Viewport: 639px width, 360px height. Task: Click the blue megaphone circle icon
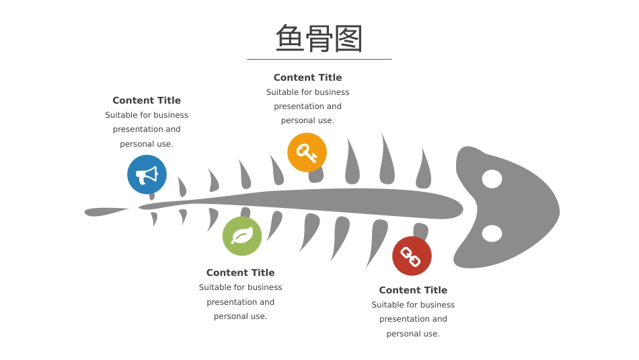(x=147, y=174)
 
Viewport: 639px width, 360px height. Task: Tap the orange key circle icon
(x=307, y=153)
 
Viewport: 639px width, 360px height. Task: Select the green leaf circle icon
(x=242, y=236)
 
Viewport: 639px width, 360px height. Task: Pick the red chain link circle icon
(x=412, y=256)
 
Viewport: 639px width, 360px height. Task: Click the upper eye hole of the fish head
(x=492, y=179)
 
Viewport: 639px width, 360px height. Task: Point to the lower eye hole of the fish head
(x=492, y=233)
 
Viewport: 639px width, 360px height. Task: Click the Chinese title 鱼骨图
(x=319, y=38)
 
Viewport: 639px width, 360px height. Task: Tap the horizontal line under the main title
(x=319, y=59)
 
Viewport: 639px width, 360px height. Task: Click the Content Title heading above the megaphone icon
(x=147, y=100)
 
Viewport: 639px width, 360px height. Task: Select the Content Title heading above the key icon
(x=307, y=77)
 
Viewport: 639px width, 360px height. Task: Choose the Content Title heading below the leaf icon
(x=240, y=273)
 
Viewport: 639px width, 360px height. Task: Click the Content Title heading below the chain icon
(x=413, y=290)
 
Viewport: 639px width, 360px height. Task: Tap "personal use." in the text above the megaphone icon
(x=147, y=144)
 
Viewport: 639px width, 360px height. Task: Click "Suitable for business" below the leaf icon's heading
(x=240, y=287)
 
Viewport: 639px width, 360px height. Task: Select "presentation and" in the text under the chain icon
(x=413, y=319)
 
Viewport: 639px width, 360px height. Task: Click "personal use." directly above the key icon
(x=307, y=120)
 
